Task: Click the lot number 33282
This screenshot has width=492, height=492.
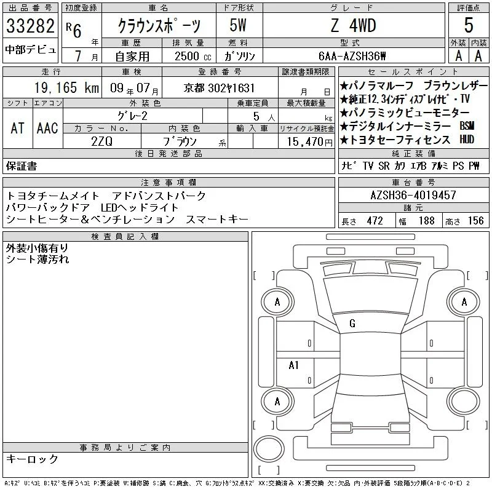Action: click(30, 26)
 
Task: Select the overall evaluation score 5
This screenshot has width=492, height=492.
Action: click(469, 25)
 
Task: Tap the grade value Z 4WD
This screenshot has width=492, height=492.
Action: click(353, 25)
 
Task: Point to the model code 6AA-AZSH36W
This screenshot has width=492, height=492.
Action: click(352, 56)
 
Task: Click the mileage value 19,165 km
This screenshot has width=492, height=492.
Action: click(66, 87)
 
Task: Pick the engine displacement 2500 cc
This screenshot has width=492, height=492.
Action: click(192, 56)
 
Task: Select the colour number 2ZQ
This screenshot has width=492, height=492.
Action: click(101, 141)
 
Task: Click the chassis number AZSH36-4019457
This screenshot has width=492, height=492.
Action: click(413, 195)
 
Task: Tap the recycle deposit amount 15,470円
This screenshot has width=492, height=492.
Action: click(309, 141)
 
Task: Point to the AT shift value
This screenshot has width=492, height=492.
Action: click(18, 128)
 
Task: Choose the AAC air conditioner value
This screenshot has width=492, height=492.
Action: click(47, 128)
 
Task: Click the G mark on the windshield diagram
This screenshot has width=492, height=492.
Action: click(352, 323)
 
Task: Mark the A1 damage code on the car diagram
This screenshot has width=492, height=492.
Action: click(293, 365)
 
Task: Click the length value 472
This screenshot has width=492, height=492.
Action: click(375, 221)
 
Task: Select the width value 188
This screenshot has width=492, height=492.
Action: click(426, 221)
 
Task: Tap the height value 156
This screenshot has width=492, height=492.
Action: click(475, 221)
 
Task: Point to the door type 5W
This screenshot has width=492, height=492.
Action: click(238, 25)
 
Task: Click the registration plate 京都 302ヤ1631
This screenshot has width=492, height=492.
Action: click(219, 88)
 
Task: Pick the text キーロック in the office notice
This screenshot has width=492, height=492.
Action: click(33, 459)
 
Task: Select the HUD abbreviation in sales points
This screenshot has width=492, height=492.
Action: click(467, 140)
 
